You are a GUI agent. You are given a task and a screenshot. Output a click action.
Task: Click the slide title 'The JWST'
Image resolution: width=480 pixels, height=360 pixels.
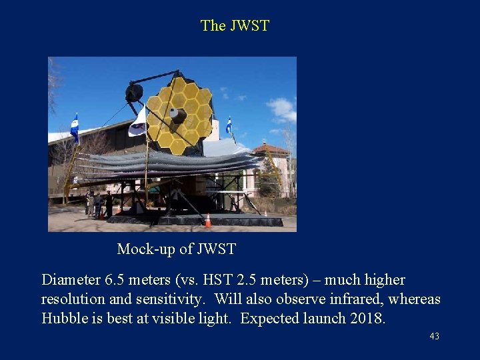pyautogui.click(x=235, y=26)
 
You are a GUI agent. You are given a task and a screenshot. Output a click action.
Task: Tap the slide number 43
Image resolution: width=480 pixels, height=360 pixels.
pyautogui.click(x=434, y=337)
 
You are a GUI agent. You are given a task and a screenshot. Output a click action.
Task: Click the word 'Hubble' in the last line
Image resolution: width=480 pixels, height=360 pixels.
pyautogui.click(x=65, y=319)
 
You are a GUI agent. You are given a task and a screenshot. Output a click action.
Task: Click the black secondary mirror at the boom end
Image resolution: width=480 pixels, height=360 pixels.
pyautogui.click(x=134, y=93)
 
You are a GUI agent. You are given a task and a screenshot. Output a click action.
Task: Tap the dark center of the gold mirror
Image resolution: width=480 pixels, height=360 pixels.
pyautogui.click(x=177, y=115)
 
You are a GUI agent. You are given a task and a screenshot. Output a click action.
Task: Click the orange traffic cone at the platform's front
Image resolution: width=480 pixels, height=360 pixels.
pyautogui.click(x=208, y=220)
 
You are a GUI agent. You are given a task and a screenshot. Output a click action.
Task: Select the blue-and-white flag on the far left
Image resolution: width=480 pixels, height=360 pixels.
pyautogui.click(x=75, y=127)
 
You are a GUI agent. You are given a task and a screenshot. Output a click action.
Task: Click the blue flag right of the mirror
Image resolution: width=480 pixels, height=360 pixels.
pyautogui.click(x=229, y=125)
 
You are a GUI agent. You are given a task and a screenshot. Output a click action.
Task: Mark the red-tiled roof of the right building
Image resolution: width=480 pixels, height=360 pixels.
pyautogui.click(x=270, y=148)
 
